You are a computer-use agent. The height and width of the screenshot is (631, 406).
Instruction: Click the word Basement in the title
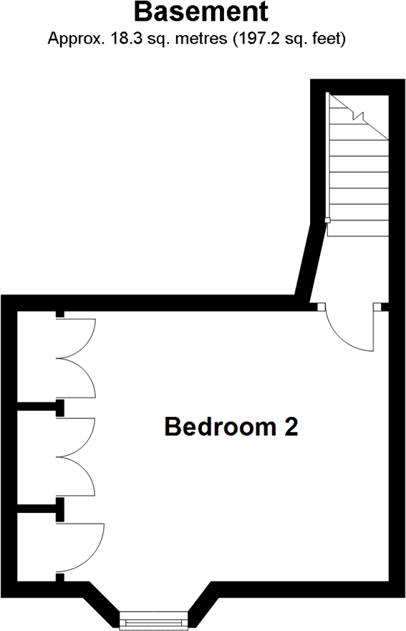(200, 12)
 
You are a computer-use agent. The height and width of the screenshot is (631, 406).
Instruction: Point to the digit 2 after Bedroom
(291, 427)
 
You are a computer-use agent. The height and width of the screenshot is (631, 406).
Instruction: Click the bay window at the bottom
(154, 620)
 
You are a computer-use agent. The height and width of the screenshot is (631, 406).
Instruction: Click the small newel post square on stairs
(327, 220)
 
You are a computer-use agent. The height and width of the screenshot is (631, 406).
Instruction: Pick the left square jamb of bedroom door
(321, 307)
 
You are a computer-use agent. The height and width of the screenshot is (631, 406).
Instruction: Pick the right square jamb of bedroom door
(377, 307)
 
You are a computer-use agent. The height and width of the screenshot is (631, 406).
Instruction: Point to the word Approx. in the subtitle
(74, 39)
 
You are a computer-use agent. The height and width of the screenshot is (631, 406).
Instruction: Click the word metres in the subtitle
(200, 39)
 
